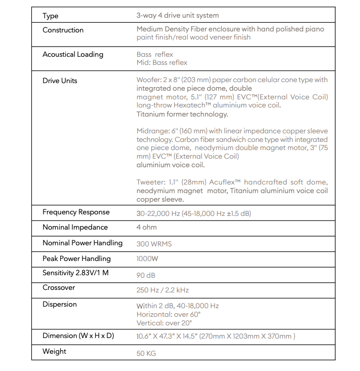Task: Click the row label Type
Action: (50, 16)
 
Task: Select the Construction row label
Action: (63, 30)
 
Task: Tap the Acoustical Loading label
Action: (72, 54)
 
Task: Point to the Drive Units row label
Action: (60, 81)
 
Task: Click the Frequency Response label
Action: (76, 212)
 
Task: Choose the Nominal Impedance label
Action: (75, 228)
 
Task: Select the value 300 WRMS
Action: (154, 244)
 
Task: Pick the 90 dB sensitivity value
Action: (146, 275)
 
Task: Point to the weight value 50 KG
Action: (146, 353)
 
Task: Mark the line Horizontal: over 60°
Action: (168, 314)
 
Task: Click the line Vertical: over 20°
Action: (164, 323)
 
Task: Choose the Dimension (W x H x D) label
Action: (78, 336)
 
